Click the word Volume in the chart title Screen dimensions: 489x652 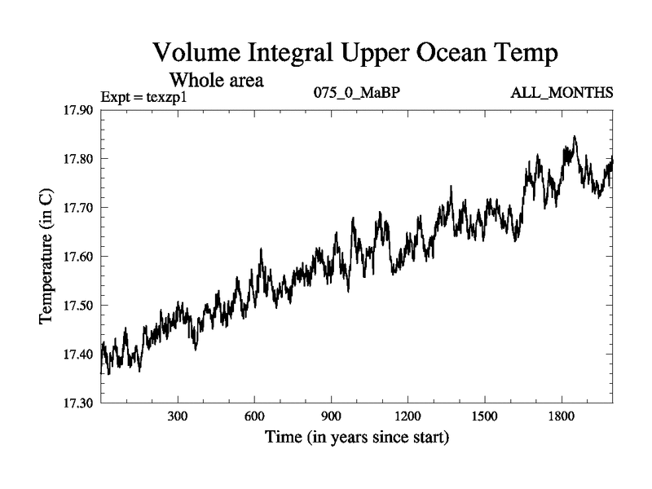(x=200, y=55)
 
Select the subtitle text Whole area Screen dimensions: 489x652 (x=216, y=81)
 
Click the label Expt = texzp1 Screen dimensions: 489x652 (x=144, y=97)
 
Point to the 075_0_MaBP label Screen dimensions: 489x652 (x=357, y=93)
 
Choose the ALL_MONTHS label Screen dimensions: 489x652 (x=562, y=93)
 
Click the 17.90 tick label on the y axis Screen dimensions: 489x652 (x=79, y=110)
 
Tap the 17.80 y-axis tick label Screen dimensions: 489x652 (x=79, y=159)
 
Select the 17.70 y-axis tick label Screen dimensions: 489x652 (x=79, y=208)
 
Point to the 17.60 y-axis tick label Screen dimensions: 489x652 (x=79, y=257)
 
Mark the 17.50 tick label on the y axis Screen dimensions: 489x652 (x=79, y=306)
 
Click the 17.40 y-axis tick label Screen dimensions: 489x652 (x=79, y=355)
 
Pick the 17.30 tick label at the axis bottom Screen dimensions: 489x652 (x=79, y=403)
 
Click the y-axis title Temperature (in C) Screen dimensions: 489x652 (x=46, y=257)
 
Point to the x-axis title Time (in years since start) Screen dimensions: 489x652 (x=357, y=438)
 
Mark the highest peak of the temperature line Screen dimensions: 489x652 (x=575, y=137)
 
